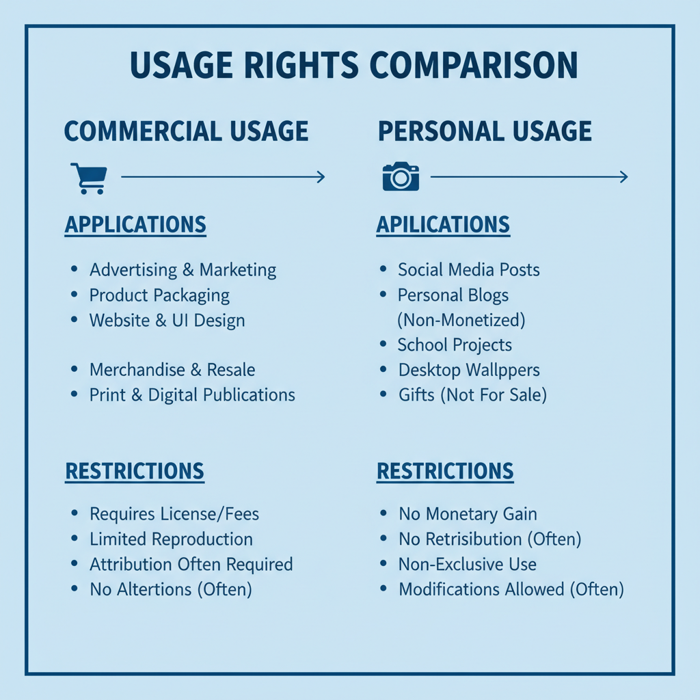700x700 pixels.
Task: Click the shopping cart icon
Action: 89,178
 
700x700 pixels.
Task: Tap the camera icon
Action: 401,176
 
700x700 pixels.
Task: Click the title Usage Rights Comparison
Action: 353,65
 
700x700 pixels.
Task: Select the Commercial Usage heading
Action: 186,131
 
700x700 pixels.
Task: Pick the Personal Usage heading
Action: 485,131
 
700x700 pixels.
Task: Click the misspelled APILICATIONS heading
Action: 443,224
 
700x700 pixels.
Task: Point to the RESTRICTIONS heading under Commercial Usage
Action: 135,472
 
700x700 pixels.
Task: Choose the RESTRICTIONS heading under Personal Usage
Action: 445,472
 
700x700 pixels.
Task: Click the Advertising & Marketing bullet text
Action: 183,269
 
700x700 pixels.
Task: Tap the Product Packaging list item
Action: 159,295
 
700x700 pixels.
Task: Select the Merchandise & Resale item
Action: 172,370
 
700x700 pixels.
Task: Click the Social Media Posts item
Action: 469,269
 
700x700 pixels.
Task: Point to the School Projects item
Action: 455,345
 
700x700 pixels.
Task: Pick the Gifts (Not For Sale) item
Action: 473,395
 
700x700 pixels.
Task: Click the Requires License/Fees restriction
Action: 174,514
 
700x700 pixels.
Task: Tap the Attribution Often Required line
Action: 191,564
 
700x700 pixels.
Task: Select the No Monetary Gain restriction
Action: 468,514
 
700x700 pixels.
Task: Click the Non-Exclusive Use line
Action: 468,564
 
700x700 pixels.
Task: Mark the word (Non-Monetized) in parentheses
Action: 461,320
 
